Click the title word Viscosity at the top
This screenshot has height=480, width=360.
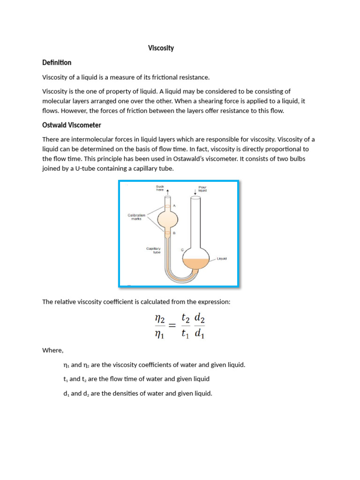tap(161, 48)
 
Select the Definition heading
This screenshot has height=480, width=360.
tap(57, 63)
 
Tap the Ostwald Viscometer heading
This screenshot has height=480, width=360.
tap(72, 125)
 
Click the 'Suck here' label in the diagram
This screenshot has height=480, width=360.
tap(160, 188)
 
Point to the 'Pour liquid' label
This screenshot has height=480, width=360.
tap(202, 188)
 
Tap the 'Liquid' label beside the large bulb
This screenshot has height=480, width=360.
tap(221, 258)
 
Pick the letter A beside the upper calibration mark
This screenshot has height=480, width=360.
tap(175, 205)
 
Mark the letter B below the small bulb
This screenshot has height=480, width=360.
tap(174, 233)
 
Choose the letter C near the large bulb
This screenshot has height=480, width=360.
tap(183, 250)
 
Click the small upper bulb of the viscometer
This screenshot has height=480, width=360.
tap(167, 218)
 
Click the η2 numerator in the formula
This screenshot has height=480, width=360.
tap(160, 319)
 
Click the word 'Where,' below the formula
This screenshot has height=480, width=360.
tap(52, 350)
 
